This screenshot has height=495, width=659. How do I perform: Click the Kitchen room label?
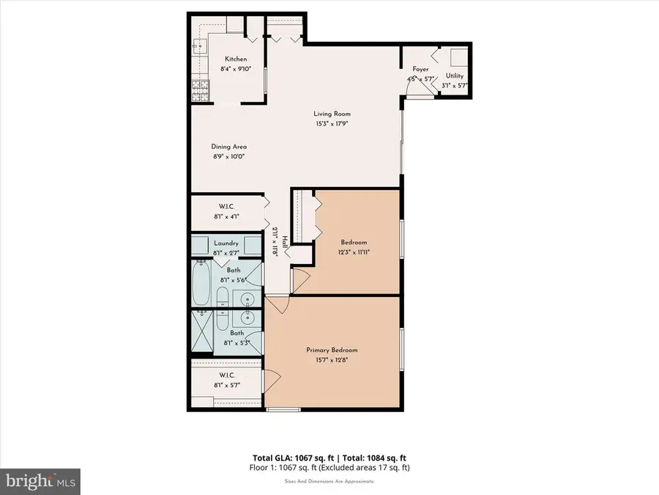(x=236, y=59)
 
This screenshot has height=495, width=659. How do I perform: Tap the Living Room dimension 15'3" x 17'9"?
(x=332, y=124)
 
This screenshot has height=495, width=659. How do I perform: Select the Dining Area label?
(x=229, y=147)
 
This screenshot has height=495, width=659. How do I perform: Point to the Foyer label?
(x=420, y=69)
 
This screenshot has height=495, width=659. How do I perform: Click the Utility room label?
(x=455, y=76)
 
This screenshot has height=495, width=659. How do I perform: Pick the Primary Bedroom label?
(x=332, y=350)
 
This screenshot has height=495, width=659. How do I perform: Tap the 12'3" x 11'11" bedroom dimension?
(x=354, y=252)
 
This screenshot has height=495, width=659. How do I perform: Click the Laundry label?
(x=226, y=243)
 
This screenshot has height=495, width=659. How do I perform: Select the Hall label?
(x=285, y=241)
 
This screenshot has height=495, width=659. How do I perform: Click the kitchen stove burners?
(x=201, y=90)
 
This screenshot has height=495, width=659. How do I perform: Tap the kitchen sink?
(x=200, y=45)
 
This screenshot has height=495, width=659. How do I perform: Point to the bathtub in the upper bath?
(x=201, y=283)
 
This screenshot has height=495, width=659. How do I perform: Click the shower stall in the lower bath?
(x=202, y=331)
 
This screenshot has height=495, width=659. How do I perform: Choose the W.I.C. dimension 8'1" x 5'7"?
(x=227, y=385)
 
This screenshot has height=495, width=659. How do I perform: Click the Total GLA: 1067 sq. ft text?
(x=294, y=458)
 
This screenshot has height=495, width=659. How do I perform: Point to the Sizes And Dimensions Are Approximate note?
(x=329, y=481)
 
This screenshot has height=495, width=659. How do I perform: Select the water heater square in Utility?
(x=459, y=57)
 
